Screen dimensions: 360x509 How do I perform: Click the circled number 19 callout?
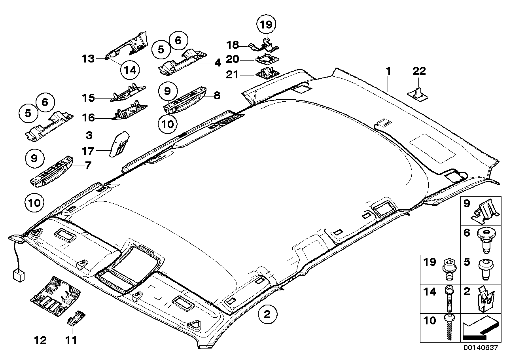click(x=266, y=25)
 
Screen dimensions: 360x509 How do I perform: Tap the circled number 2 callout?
click(x=267, y=315)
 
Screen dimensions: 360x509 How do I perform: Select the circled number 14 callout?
click(x=131, y=70)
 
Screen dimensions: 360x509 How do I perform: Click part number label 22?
click(x=419, y=71)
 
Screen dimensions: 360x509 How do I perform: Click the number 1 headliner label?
click(x=388, y=72)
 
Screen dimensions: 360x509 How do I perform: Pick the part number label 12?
click(x=41, y=340)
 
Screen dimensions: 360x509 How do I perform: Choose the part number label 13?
click(x=88, y=59)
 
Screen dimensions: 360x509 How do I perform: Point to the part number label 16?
click(x=88, y=117)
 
